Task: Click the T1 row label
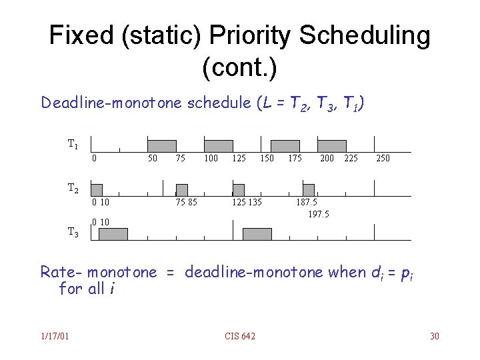pyautogui.click(x=73, y=144)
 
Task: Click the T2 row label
pyautogui.click(x=73, y=188)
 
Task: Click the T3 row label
pyautogui.click(x=73, y=232)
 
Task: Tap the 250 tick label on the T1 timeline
pyautogui.click(x=383, y=159)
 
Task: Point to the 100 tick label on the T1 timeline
pyautogui.click(x=211, y=159)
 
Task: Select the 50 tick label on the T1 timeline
pyautogui.click(x=153, y=159)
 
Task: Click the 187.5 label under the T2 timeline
pyautogui.click(x=307, y=203)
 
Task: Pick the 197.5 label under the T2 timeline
pyautogui.click(x=318, y=214)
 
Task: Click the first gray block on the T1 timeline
pyautogui.click(x=161, y=146)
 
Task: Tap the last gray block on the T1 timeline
pyautogui.click(x=332, y=146)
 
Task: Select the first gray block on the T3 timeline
pyautogui.click(x=113, y=234)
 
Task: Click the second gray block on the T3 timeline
pyautogui.click(x=257, y=234)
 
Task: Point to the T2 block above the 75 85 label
pyautogui.click(x=181, y=190)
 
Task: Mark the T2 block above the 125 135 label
pyautogui.click(x=239, y=190)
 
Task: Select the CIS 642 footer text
pyautogui.click(x=240, y=336)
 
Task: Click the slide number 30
pyautogui.click(x=435, y=336)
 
